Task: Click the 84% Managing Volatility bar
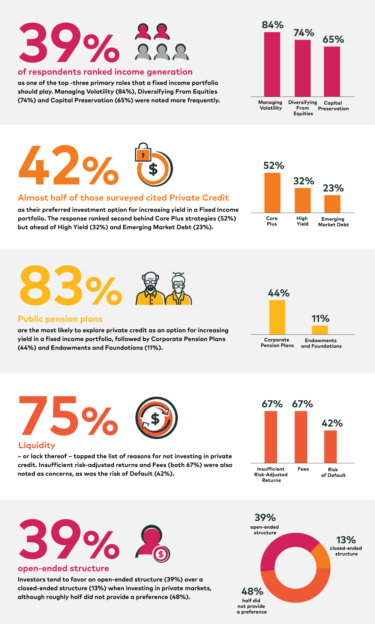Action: (272, 64)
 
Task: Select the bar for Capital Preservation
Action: (332, 71)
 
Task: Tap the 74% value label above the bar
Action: (304, 33)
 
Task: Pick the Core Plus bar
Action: (272, 193)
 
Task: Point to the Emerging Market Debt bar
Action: (332, 204)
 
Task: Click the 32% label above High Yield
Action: (304, 181)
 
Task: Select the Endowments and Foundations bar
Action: (320, 330)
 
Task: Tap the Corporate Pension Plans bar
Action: (277, 317)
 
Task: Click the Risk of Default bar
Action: (330, 447)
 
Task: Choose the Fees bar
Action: (301, 437)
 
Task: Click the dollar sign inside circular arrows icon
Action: (156, 418)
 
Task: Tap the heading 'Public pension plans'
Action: (60, 319)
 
